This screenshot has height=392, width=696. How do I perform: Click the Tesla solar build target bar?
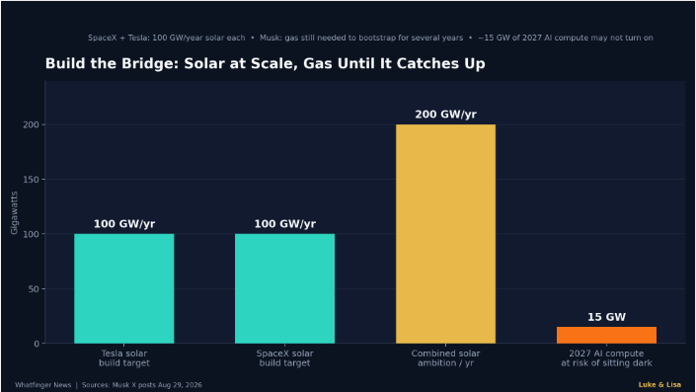click(x=123, y=288)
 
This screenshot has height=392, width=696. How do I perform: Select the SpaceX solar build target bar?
click(x=284, y=288)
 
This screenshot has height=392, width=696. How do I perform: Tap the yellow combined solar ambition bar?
click(x=445, y=234)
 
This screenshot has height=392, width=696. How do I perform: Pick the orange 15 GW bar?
click(x=606, y=335)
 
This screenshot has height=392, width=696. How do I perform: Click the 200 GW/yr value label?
click(x=445, y=115)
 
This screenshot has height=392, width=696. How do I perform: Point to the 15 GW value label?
click(x=606, y=317)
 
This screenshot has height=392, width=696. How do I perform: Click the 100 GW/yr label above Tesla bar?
click(x=124, y=224)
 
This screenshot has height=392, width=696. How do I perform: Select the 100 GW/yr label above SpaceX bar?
click(x=285, y=224)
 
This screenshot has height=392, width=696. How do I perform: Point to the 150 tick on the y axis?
click(x=31, y=180)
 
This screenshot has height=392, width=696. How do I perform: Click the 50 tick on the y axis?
click(x=34, y=289)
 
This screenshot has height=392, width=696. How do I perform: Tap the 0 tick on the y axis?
click(x=37, y=344)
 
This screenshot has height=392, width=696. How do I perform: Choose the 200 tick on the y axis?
click(x=31, y=124)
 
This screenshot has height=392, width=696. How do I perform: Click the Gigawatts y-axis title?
click(x=14, y=212)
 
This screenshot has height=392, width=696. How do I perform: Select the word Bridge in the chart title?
click(x=148, y=63)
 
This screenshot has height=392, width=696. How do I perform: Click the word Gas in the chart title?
click(x=318, y=63)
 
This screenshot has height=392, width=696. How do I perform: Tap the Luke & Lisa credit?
click(x=659, y=385)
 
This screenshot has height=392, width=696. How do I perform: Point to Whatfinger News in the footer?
click(x=43, y=385)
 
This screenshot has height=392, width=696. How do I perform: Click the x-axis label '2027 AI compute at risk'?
click(x=606, y=358)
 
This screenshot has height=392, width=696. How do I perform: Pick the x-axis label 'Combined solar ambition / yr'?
click(x=445, y=358)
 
